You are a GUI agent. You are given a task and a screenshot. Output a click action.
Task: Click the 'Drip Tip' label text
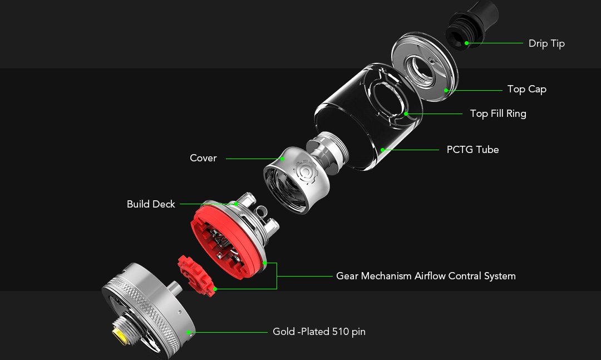[x=546, y=44]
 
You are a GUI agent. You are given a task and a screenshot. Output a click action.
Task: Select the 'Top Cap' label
[x=526, y=90]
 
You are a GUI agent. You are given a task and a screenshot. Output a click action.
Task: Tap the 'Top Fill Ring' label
[x=498, y=114]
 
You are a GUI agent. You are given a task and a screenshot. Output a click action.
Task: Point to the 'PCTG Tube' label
[x=472, y=150]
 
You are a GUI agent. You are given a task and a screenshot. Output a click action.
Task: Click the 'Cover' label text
[x=203, y=158]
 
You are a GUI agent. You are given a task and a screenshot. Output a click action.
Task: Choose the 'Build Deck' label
[x=151, y=204]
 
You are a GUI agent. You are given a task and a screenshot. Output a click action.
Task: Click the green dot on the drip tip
[x=466, y=43]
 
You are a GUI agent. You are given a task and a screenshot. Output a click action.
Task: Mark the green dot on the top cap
[x=446, y=91]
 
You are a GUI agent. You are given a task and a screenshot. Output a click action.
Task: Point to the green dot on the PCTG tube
[x=382, y=150]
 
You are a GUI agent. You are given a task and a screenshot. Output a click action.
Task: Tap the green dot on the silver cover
[x=283, y=159]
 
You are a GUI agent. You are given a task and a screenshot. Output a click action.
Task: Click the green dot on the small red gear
[x=215, y=289]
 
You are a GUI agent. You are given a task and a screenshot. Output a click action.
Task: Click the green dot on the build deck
[x=236, y=204]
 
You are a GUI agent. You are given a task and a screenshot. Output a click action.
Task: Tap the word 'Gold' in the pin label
[x=284, y=332]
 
